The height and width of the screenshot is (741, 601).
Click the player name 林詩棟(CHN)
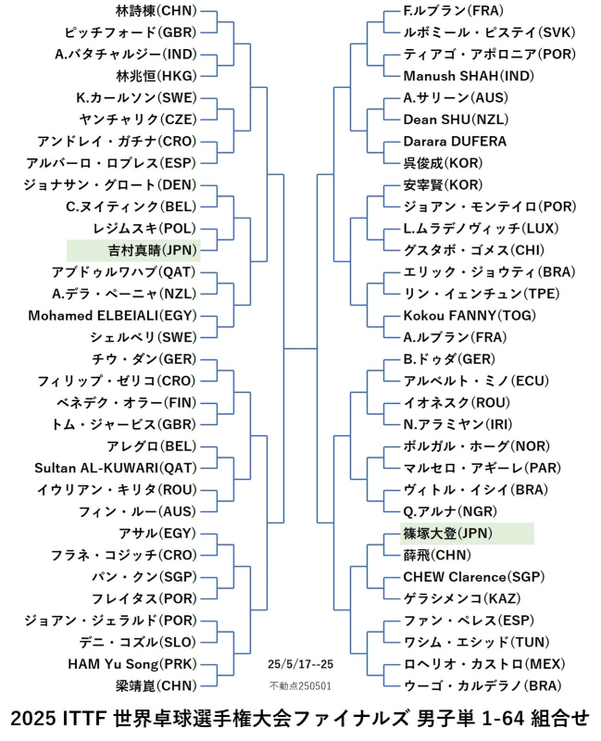pos(156,10)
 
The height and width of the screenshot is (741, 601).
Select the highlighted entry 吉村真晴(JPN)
pos(152,250)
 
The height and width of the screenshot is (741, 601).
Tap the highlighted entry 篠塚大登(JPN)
pos(448,534)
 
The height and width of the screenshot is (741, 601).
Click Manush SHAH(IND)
pos(469,76)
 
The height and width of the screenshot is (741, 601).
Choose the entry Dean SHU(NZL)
pos(456,119)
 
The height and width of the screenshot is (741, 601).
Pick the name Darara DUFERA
pos(455,141)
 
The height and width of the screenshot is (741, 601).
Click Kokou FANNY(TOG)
pos(470,315)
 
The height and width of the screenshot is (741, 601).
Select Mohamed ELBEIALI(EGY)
pos(112,315)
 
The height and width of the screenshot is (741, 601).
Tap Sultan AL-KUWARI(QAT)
pos(116,468)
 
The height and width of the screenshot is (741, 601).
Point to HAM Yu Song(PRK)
pos(132,664)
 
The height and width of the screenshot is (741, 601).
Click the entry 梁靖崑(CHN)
pos(156,685)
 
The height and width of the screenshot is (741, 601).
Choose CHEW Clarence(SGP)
pos(474,576)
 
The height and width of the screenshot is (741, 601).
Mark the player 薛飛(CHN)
pos(437,555)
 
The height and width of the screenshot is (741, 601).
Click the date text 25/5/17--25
pos(300,664)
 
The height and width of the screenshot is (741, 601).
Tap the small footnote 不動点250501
pos(300,685)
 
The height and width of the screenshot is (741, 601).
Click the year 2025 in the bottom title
pos(33,719)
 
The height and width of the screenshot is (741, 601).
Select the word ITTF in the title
pos(84,719)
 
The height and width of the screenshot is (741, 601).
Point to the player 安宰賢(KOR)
pos(444,184)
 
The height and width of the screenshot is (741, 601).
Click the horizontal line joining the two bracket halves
pos(300,349)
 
